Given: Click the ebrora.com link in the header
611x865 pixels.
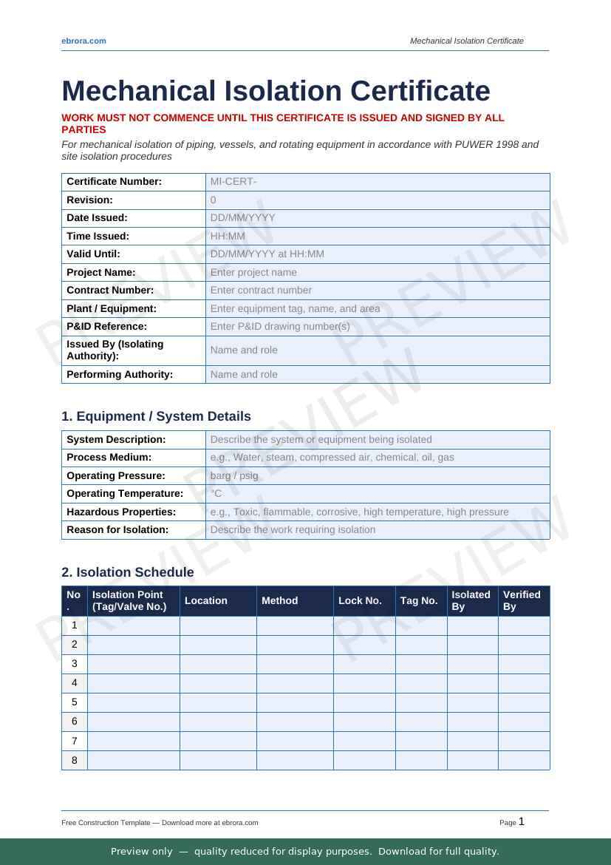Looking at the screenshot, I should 83,41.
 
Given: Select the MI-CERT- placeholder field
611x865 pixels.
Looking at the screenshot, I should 233,182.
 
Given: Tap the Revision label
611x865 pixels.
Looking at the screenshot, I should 89,200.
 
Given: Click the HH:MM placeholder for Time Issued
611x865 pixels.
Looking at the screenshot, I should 228,237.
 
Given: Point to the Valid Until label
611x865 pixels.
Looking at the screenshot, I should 93,254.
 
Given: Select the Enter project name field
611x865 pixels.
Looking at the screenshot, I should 253,273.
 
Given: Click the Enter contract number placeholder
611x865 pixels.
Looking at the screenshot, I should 261,291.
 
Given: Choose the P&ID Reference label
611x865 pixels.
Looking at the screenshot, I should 106,327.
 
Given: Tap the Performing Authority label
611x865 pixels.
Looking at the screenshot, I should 120,375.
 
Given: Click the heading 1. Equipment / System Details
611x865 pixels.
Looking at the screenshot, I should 156,416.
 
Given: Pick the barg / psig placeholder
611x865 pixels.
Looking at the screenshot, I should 234,476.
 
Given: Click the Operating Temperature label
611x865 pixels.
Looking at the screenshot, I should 125,494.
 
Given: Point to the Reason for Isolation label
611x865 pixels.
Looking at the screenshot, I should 117,530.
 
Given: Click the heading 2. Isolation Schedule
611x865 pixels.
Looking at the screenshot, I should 128,572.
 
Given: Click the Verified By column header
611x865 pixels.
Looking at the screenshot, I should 522,601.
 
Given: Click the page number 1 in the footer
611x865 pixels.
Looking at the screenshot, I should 522,821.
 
